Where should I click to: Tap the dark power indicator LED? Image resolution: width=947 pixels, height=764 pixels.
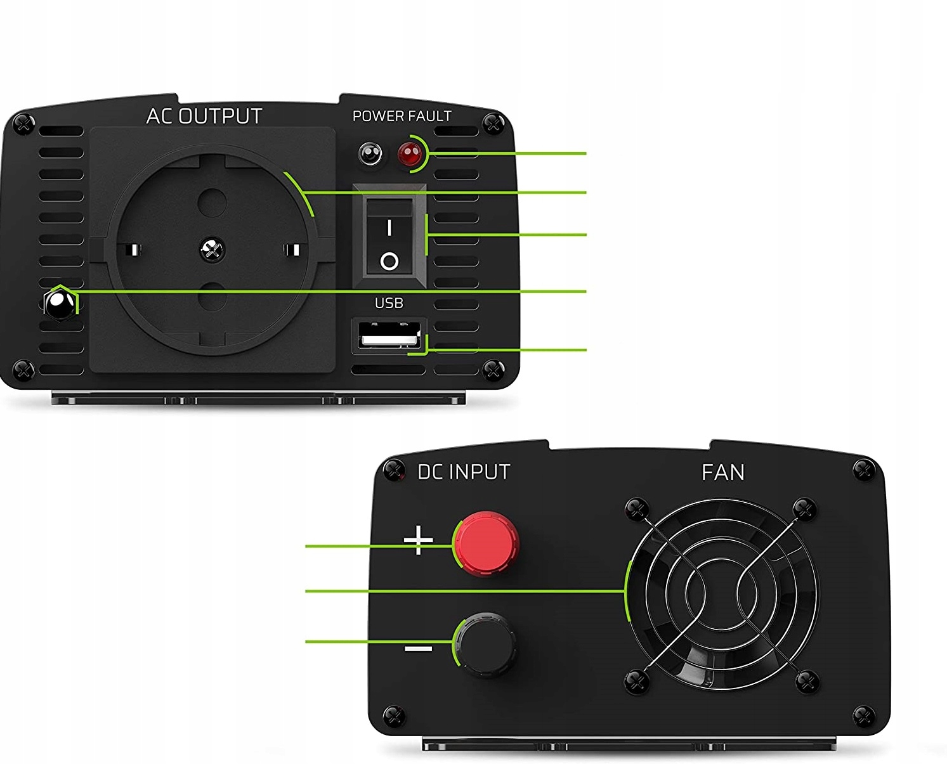pos(370,153)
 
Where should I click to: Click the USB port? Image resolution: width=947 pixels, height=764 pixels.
pos(389,335)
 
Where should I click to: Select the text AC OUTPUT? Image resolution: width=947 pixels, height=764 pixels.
pos(204,116)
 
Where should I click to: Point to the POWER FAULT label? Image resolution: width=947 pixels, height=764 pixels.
pos(402,116)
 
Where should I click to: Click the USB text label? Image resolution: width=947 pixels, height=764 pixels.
pos(389,303)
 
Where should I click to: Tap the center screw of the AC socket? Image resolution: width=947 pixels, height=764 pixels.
pos(212,249)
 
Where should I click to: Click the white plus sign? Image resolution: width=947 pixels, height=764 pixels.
pos(419,541)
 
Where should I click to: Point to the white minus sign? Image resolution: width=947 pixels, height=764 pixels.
pos(418,649)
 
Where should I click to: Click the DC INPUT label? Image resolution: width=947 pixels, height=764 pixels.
pos(464,472)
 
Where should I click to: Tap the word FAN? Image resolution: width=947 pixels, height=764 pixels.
pos(722,472)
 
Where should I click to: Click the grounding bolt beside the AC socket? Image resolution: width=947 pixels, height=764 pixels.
pos(59,306)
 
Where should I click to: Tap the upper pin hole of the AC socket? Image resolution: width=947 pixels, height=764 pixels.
pos(212,203)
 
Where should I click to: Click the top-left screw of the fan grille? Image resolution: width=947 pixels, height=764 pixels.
pos(636,508)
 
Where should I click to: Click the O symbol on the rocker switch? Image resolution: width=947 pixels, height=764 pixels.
pos(389,261)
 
